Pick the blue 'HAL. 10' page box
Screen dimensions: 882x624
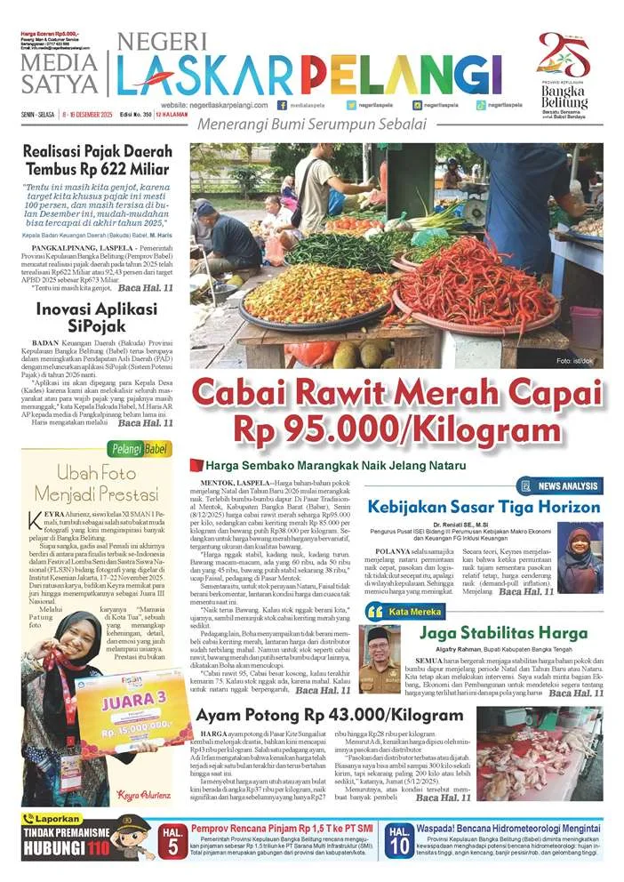pos(397,838)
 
